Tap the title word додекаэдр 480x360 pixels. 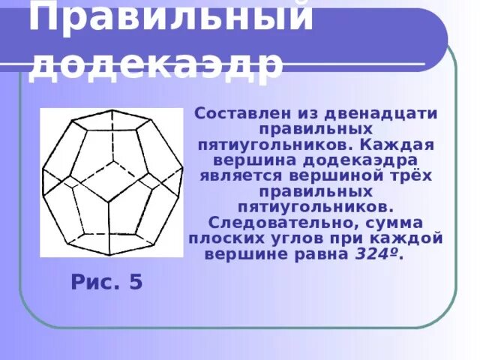[x=156, y=64]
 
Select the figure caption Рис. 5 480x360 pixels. [x=106, y=283]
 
